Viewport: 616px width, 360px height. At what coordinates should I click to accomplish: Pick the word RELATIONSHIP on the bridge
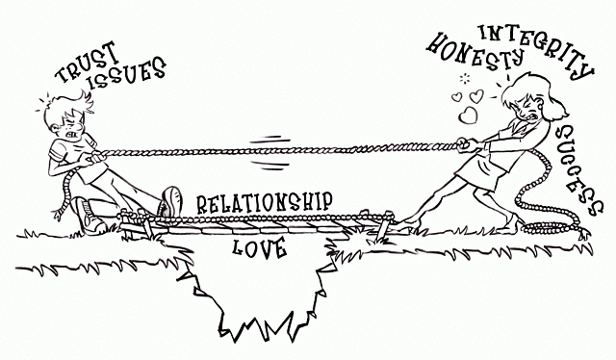[x=265, y=203]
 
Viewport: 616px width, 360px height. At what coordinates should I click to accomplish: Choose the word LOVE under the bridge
[x=261, y=248]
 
